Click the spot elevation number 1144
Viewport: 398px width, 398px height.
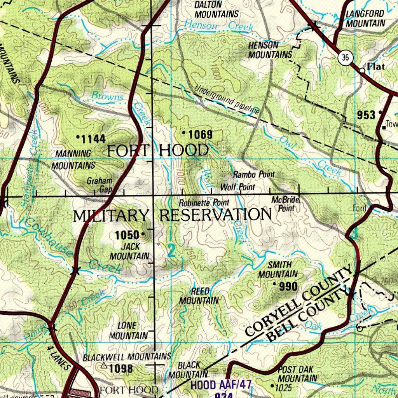point(93,138)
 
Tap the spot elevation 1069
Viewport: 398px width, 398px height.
point(200,135)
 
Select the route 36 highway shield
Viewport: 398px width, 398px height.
point(345,58)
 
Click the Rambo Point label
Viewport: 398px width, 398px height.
point(254,175)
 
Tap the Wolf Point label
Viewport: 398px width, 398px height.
point(238,187)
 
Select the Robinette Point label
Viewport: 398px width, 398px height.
point(204,203)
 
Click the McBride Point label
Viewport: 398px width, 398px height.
point(286,204)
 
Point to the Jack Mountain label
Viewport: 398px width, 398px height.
point(129,251)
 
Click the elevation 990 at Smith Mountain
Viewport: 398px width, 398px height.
point(288,287)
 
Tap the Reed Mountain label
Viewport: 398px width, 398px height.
point(199,296)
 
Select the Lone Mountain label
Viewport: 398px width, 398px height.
point(128,330)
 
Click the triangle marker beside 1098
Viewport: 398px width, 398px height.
point(104,366)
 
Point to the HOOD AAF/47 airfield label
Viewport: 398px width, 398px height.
point(221,385)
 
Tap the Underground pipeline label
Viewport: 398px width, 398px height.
point(227,100)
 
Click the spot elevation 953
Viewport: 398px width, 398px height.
point(366,115)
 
